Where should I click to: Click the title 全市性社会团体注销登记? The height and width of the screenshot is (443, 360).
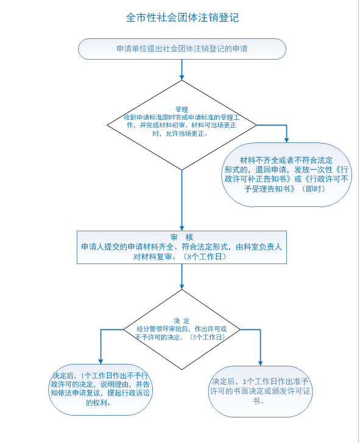[x=182, y=18]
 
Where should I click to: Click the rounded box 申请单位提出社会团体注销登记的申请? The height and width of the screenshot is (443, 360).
[x=182, y=49]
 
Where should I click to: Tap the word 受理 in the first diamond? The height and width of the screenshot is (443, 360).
[x=182, y=110]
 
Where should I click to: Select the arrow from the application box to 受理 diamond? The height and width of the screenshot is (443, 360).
[x=182, y=70]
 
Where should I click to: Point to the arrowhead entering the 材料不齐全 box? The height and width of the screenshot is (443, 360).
[x=286, y=140]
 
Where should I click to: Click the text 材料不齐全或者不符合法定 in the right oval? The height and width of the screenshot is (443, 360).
[x=286, y=160]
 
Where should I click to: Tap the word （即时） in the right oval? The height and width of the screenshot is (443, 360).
[x=313, y=189]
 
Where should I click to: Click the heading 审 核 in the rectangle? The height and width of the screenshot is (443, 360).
[x=182, y=237]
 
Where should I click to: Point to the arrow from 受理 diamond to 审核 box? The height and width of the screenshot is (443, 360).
[x=182, y=201]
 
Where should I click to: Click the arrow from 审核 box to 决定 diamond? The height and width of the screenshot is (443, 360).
[x=182, y=277]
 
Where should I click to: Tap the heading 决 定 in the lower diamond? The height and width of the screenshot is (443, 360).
[x=182, y=321]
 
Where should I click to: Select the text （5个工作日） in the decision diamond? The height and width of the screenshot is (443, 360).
[x=207, y=337]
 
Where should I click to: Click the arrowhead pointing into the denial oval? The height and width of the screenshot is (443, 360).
[x=101, y=361]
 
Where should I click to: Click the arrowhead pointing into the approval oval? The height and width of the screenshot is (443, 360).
[x=261, y=363]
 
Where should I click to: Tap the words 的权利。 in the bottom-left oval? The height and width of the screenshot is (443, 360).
[x=98, y=402]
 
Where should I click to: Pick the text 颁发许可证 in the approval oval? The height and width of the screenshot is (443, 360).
[x=292, y=391]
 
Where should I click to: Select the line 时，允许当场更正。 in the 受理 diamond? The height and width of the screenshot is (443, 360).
[x=180, y=133]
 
